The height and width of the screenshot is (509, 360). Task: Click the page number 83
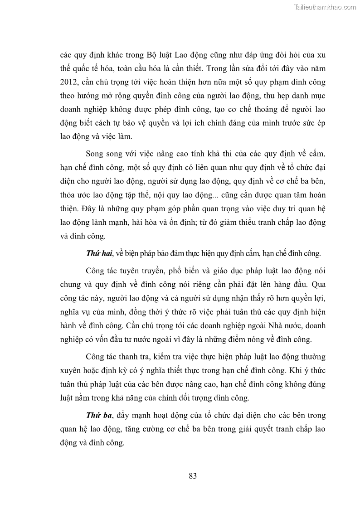(192, 476)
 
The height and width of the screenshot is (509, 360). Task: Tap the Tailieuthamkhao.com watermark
(326, 7)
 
